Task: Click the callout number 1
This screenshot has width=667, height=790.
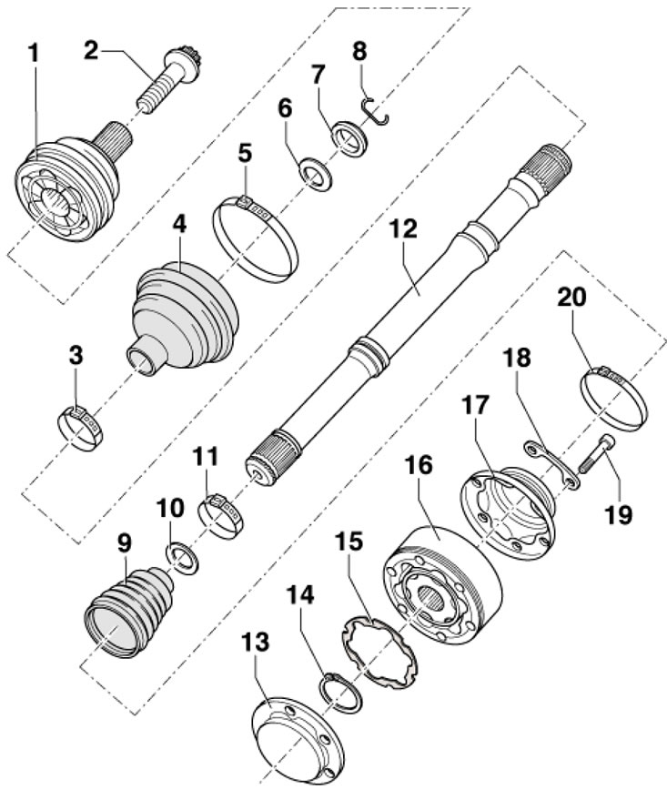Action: [34, 54]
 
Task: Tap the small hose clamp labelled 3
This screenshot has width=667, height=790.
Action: [81, 429]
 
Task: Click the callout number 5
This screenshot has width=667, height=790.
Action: [245, 154]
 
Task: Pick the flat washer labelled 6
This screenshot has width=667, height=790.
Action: [316, 175]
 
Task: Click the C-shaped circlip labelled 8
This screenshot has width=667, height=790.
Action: [376, 110]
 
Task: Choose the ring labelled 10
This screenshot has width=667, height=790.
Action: [181, 558]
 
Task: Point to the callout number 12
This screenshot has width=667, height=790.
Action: [402, 228]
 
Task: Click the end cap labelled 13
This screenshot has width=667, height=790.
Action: [298, 741]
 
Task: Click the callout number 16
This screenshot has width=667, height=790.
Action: [418, 465]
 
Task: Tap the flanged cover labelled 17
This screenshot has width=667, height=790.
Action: [508, 514]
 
